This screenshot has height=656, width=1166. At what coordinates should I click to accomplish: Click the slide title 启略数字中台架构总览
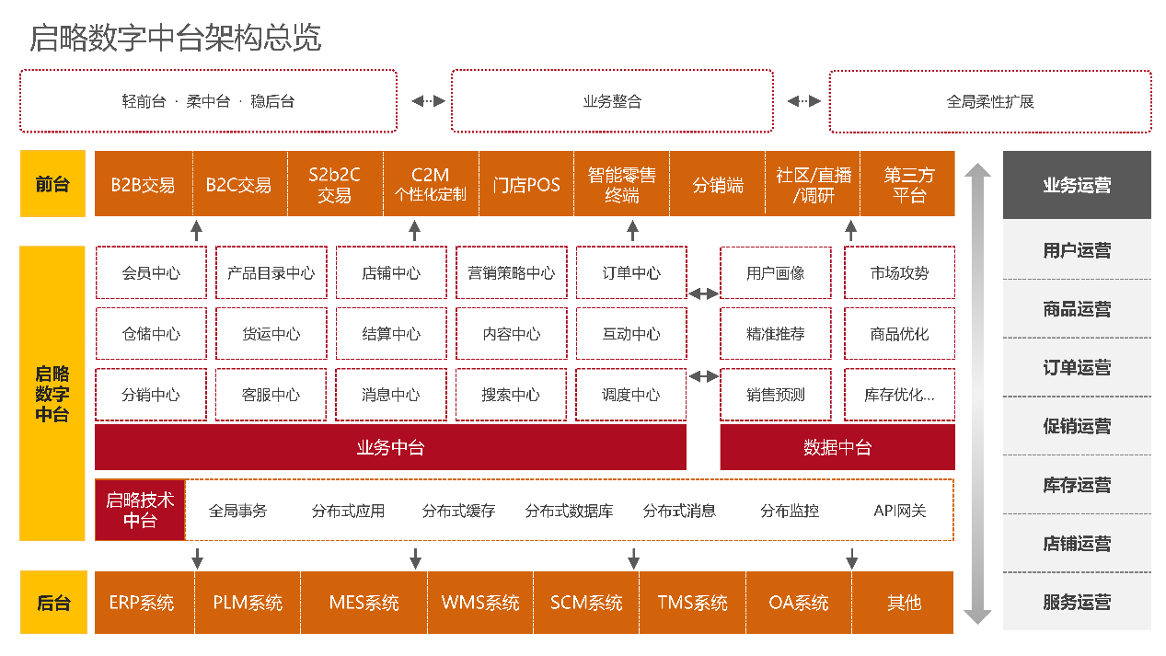click(x=176, y=39)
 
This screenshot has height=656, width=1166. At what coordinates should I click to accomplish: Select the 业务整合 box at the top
click(x=612, y=101)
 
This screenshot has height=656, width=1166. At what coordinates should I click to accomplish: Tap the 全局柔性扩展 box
click(x=990, y=101)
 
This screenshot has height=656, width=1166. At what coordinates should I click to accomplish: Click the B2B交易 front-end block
click(x=144, y=185)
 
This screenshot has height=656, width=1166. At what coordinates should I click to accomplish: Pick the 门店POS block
click(x=526, y=185)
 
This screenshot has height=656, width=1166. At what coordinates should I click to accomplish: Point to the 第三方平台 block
click(x=908, y=185)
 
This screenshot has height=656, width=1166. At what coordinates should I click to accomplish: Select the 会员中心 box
click(x=151, y=273)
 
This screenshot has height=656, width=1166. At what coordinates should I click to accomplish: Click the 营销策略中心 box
click(x=511, y=273)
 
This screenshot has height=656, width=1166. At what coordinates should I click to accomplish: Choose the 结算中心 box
click(x=391, y=334)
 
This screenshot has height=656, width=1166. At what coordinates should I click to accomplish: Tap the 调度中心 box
click(x=631, y=395)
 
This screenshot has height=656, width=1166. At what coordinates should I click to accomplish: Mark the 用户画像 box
click(x=775, y=273)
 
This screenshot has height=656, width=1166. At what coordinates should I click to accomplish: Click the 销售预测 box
click(x=775, y=395)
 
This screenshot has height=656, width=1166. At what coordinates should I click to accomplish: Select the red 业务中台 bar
click(x=390, y=448)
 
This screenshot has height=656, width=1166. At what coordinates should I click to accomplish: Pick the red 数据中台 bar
click(x=837, y=448)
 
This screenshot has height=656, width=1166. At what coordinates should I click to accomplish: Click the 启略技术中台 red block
click(x=140, y=511)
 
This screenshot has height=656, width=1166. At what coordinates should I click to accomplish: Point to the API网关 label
click(x=899, y=511)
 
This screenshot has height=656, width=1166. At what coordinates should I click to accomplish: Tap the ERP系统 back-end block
click(x=142, y=603)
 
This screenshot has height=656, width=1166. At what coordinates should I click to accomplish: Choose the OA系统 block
click(x=799, y=603)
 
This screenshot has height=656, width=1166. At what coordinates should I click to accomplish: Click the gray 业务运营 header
click(x=1077, y=185)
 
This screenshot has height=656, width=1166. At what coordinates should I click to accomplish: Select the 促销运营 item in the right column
click(x=1077, y=426)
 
